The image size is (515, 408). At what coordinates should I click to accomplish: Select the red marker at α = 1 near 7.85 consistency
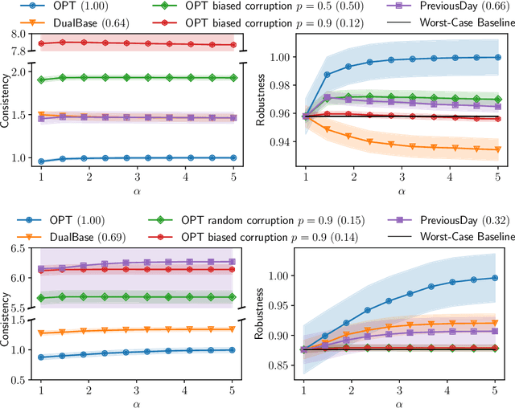point(40,43)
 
